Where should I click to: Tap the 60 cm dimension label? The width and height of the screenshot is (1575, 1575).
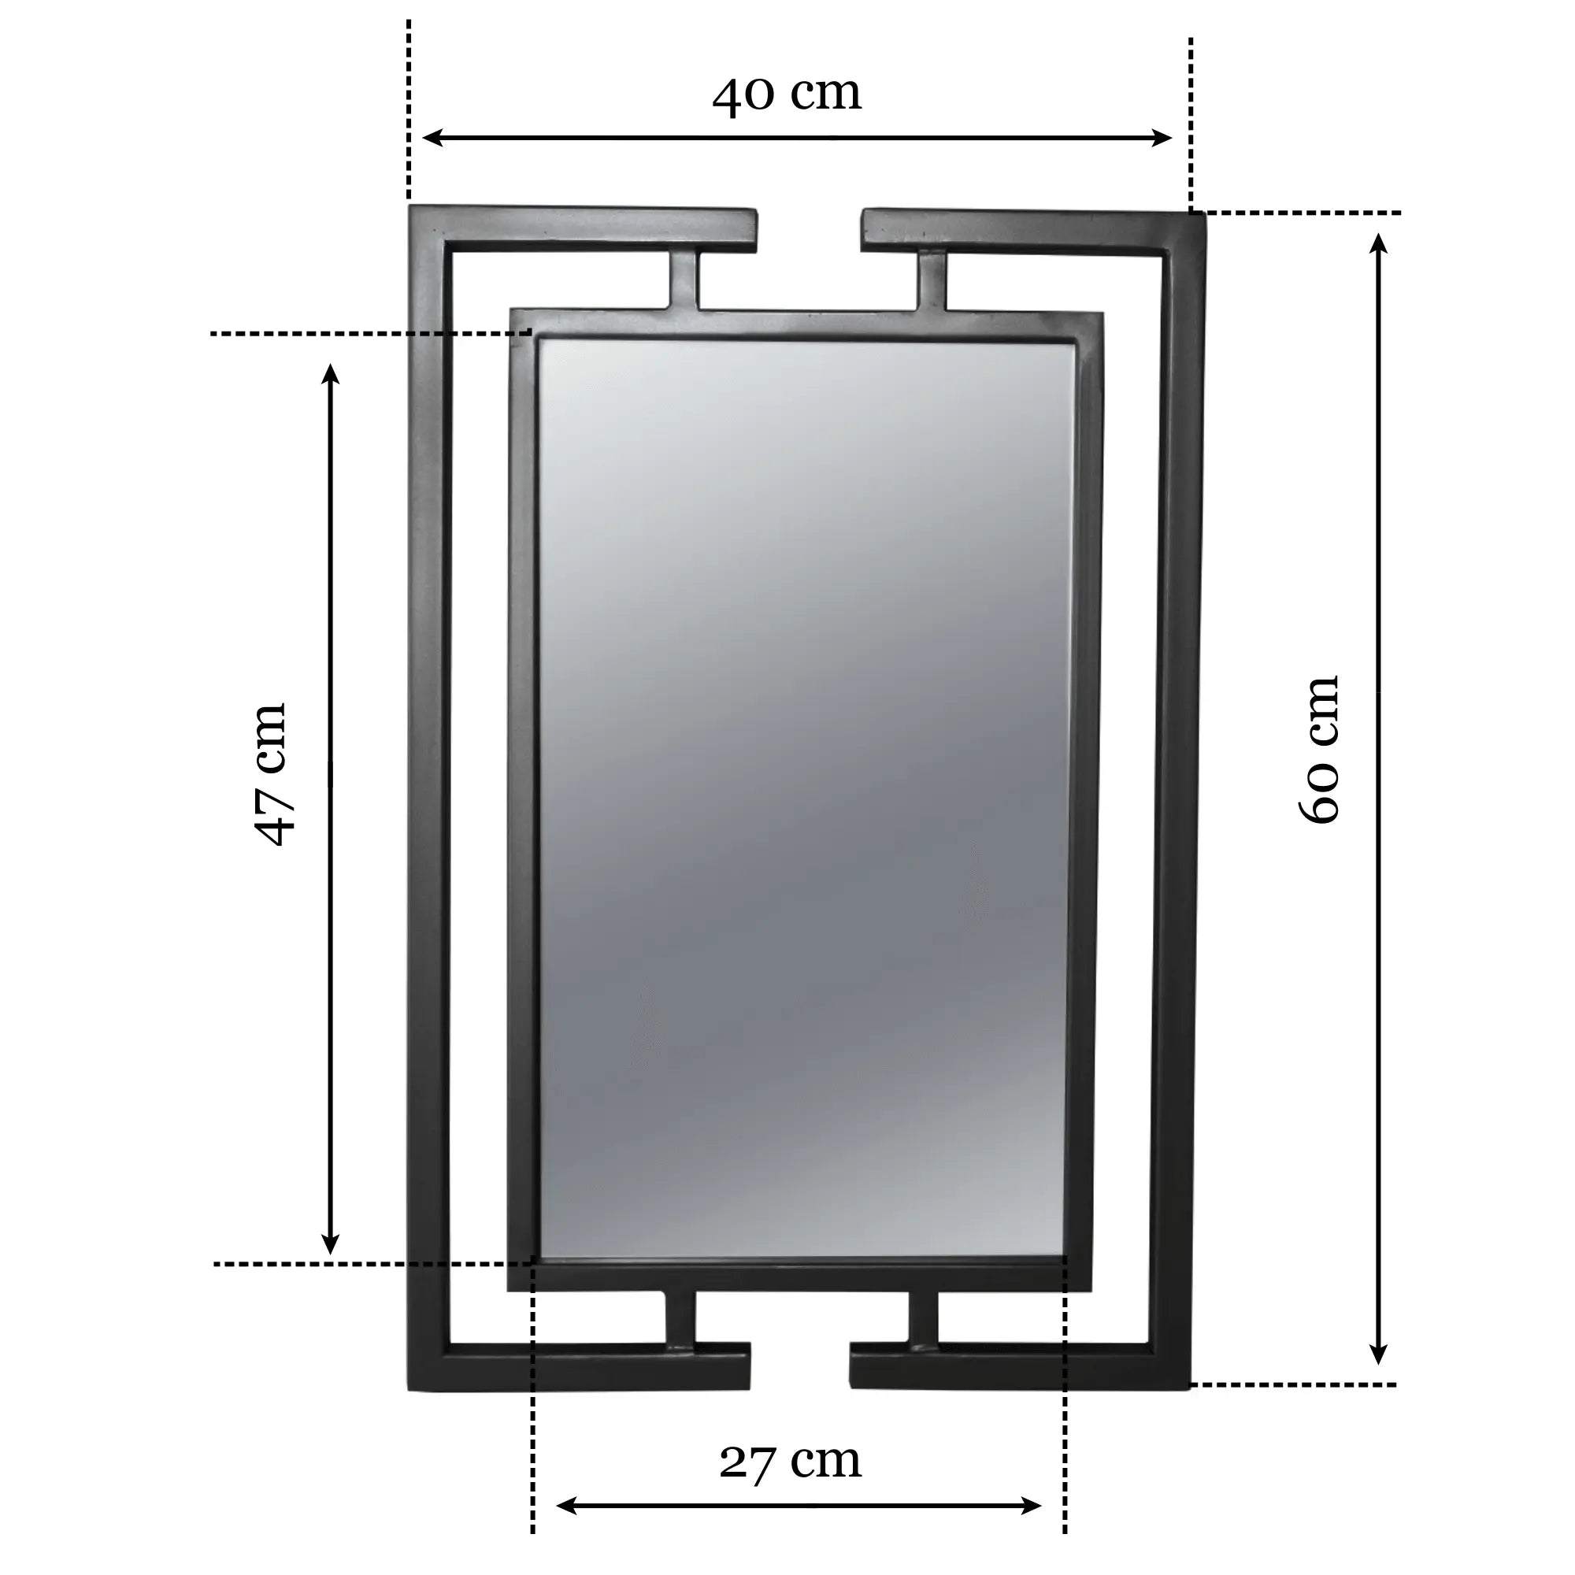1318,750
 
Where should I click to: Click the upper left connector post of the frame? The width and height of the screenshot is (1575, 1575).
685,280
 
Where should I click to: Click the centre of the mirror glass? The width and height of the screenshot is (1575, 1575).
803,799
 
